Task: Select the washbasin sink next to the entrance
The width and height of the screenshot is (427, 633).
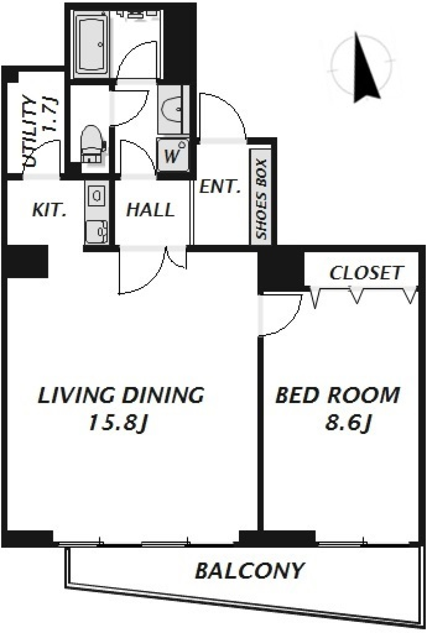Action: pos(171,109)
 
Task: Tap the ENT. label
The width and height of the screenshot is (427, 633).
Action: pos(220,187)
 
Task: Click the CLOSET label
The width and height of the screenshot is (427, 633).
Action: pos(365,273)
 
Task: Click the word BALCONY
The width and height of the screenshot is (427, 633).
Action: pos(250,571)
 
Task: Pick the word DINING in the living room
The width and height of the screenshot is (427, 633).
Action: pos(163,395)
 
